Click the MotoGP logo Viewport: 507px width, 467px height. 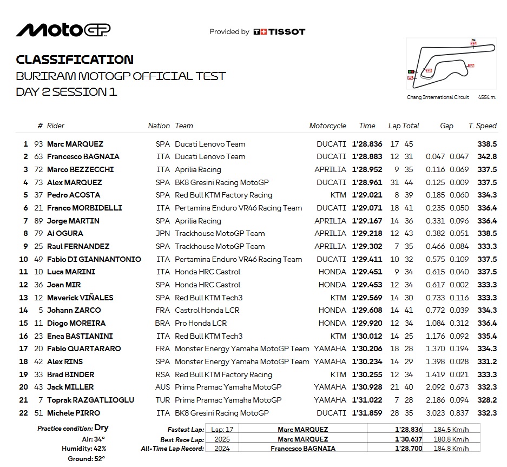click(x=63, y=30)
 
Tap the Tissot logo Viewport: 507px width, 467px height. click(x=279, y=32)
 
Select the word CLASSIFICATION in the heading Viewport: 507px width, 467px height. click(x=75, y=60)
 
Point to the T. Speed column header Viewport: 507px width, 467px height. click(x=482, y=126)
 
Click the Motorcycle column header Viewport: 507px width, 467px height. click(x=327, y=126)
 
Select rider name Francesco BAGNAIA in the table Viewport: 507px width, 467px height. click(x=83, y=156)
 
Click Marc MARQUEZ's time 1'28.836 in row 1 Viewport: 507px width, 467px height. click(x=367, y=144)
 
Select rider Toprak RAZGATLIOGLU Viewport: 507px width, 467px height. click(x=90, y=400)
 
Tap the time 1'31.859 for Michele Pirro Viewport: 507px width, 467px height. click(x=367, y=413)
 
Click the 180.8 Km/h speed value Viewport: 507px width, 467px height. click(x=450, y=439)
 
